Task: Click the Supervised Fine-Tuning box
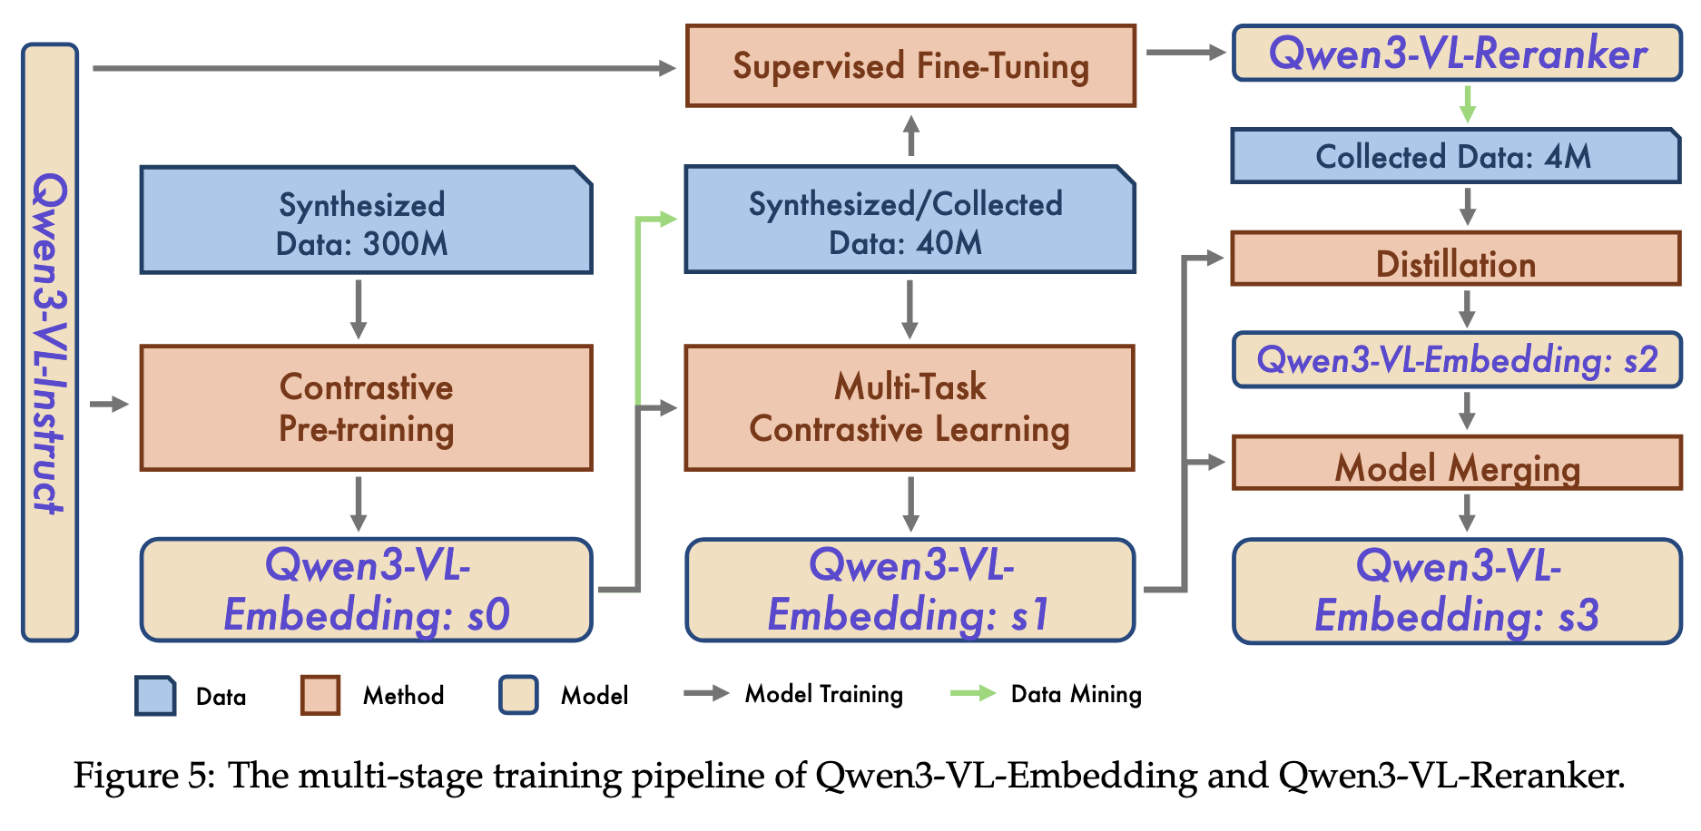910,66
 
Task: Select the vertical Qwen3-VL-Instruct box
50,342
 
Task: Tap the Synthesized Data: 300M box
366,220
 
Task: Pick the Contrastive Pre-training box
366,407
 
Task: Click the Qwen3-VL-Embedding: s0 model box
366,590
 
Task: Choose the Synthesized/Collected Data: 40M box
909,220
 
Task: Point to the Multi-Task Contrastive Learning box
909,407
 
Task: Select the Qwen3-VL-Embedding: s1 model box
909,590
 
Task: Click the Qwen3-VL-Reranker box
1457,54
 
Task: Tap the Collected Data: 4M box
1455,156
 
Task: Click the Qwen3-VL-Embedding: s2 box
1457,360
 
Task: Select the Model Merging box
1457,464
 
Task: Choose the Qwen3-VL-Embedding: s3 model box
1457,591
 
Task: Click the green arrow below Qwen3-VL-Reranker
1467,104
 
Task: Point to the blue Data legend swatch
155,696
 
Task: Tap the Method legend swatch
320,695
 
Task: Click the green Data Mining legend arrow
972,694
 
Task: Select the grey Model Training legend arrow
706,694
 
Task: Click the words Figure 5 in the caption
143,777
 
